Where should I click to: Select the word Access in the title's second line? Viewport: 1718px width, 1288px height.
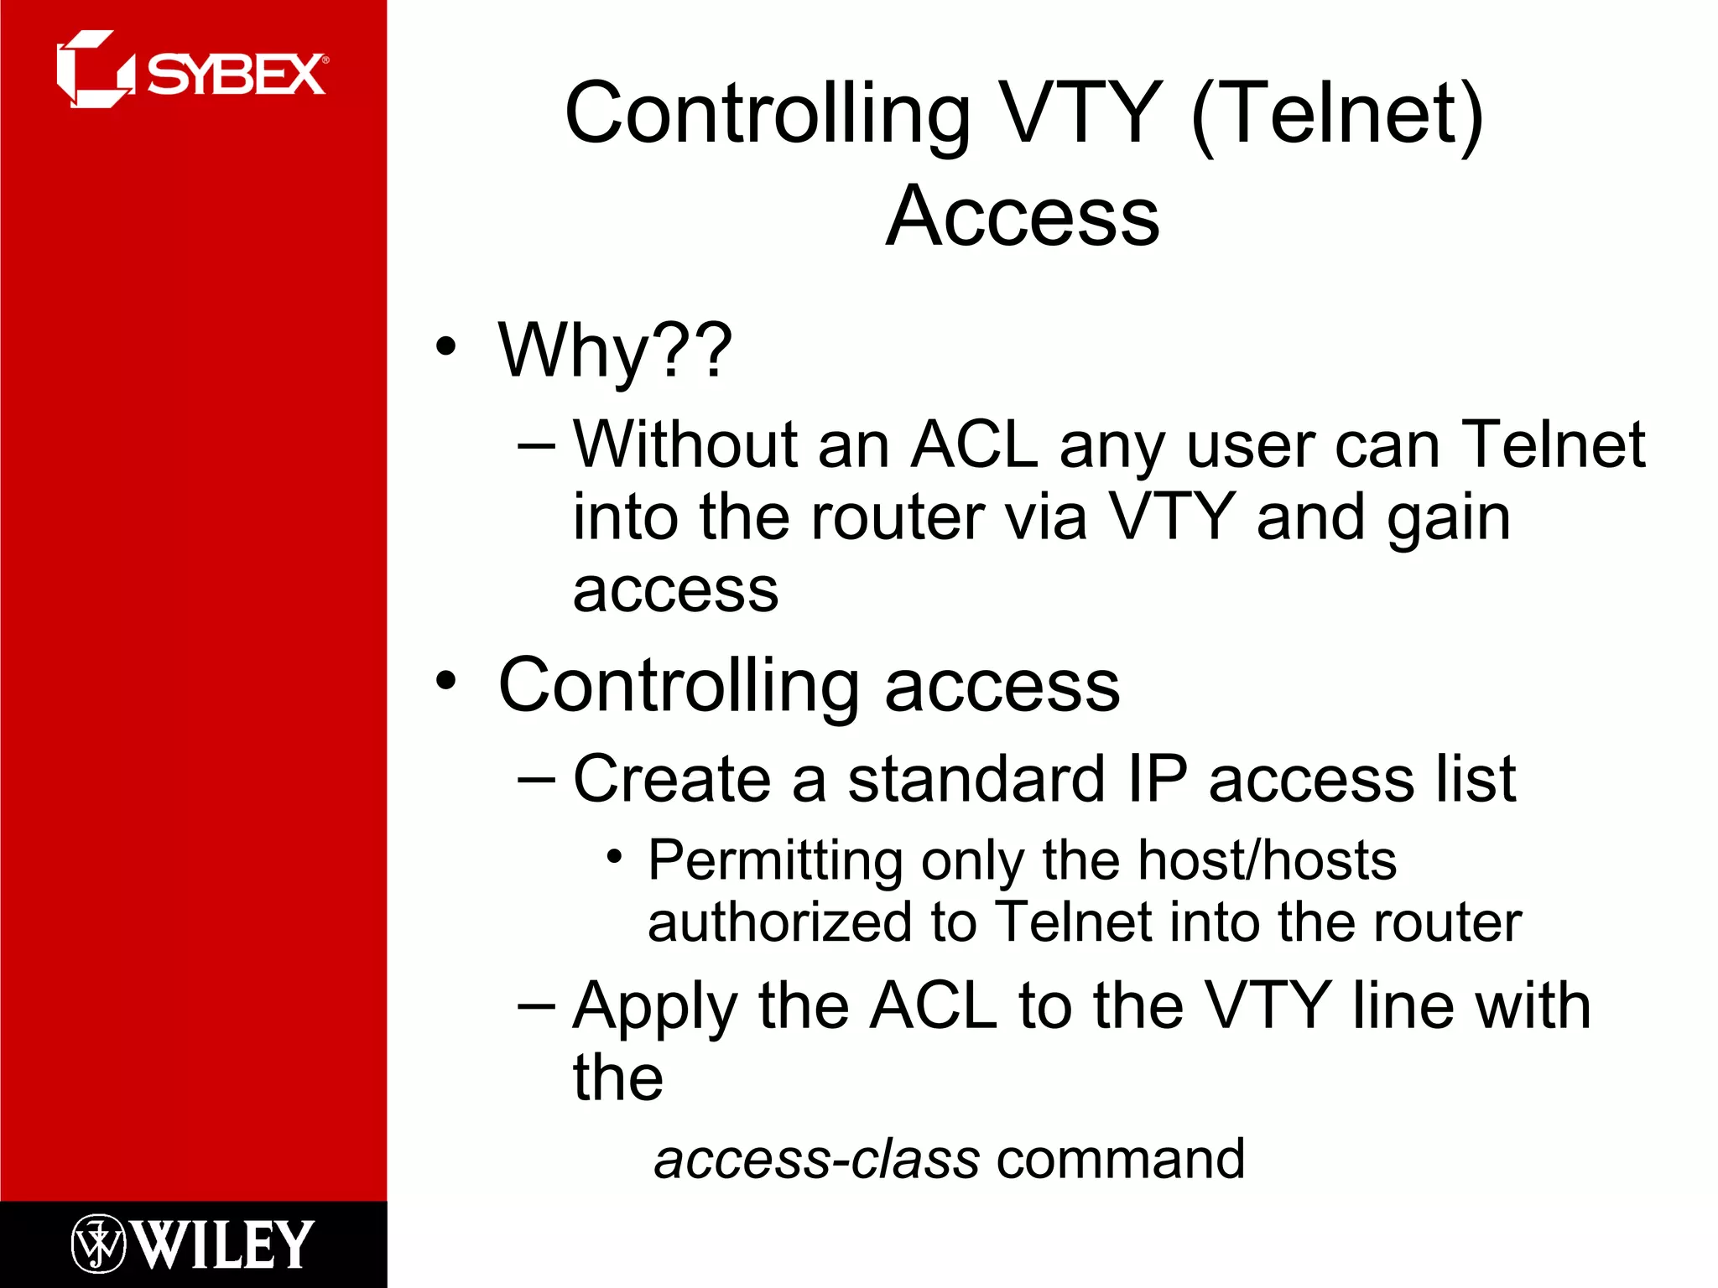tap(1023, 216)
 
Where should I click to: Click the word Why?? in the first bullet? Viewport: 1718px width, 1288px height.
tap(615, 351)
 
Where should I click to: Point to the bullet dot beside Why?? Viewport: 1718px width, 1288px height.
tap(446, 346)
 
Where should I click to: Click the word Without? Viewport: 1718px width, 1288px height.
tap(685, 444)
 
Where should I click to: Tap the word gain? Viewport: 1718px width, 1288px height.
tap(1448, 518)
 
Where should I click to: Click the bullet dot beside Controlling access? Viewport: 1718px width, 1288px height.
tap(446, 681)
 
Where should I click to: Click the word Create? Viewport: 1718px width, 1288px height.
tap(671, 779)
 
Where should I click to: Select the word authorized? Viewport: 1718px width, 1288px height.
tap(778, 922)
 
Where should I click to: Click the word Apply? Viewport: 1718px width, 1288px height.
tap(654, 1006)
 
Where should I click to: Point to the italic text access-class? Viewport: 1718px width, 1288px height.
tap(816, 1160)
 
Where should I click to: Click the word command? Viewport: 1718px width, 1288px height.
tap(1120, 1160)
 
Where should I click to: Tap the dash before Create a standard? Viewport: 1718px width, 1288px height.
tap(536, 781)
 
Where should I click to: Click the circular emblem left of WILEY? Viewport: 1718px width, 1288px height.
tap(98, 1244)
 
